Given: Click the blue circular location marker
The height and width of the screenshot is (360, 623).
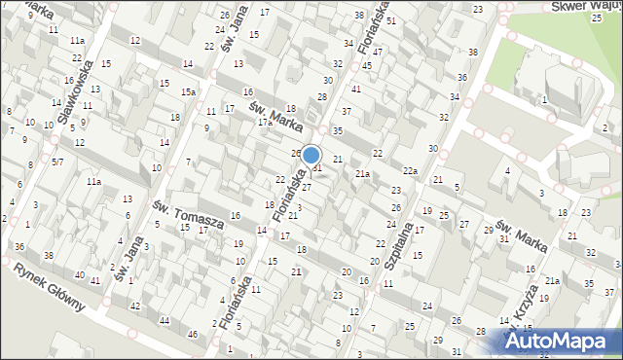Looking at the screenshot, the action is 311,155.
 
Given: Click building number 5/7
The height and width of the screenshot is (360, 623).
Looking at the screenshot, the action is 58,162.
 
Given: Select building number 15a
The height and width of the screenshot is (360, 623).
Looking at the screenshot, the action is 188,91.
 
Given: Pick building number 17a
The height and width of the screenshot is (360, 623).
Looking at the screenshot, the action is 264,124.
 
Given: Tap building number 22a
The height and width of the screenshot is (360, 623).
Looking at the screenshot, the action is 411,171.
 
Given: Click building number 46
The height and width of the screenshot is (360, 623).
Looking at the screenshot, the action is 193,335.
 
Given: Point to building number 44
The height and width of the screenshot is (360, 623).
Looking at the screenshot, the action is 165,320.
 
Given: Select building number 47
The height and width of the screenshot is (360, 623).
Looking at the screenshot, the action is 379,51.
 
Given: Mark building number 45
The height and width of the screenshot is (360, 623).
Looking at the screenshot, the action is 367,65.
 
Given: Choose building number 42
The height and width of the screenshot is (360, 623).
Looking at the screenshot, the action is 136,306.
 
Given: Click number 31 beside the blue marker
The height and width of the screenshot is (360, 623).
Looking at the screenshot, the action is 317,168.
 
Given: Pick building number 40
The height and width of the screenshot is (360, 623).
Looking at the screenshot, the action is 80,274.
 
